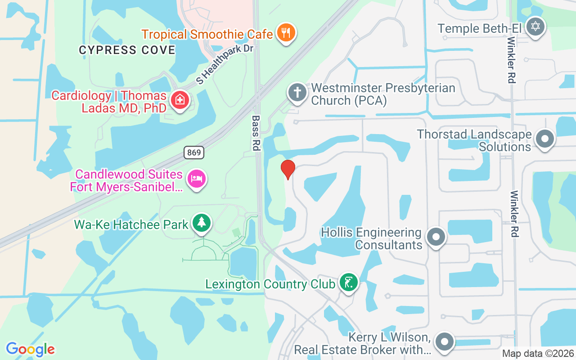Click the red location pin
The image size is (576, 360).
tap(288, 169)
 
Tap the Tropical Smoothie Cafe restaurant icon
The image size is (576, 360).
tap(285, 33)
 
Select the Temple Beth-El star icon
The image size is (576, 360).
tap(535, 27)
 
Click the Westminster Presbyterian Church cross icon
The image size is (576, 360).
tap(297, 93)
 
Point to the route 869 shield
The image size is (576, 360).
tap(194, 153)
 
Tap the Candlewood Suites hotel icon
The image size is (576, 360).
tap(197, 179)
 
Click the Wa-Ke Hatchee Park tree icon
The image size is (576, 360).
tap(202, 223)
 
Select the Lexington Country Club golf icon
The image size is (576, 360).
tap(348, 283)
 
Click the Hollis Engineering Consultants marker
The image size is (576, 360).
tap(436, 237)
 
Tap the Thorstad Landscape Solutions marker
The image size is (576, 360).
tap(545, 139)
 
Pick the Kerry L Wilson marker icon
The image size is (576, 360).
tap(445, 342)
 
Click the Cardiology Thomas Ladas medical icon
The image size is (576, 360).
tap(180, 100)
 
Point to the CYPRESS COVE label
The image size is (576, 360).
tap(127, 50)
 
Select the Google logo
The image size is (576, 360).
tap(30, 349)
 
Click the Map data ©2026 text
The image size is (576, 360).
tap(538, 354)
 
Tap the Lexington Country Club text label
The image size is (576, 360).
tap(270, 284)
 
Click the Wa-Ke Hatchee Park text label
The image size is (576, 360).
tap(131, 224)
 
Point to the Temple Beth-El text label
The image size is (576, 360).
tap(479, 28)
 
